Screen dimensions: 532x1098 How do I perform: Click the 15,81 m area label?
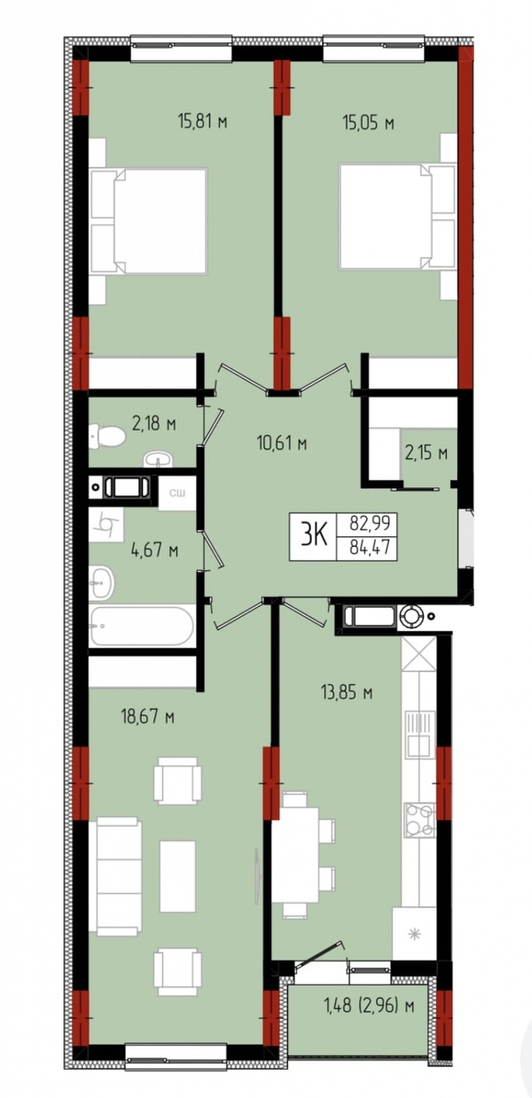202,121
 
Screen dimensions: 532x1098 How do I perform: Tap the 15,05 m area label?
369,123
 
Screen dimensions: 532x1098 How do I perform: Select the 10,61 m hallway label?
282,443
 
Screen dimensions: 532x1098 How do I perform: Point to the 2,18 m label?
154,423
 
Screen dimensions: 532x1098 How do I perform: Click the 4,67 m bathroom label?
154,550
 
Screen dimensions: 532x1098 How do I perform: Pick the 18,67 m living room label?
148,717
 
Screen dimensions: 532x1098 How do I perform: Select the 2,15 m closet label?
426,453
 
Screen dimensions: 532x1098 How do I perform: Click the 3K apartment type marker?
314,536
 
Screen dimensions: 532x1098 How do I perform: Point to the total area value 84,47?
370,546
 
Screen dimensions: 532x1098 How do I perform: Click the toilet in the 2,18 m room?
107,435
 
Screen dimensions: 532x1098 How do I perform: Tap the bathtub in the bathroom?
142,626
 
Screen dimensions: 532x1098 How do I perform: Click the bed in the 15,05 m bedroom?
397,216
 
